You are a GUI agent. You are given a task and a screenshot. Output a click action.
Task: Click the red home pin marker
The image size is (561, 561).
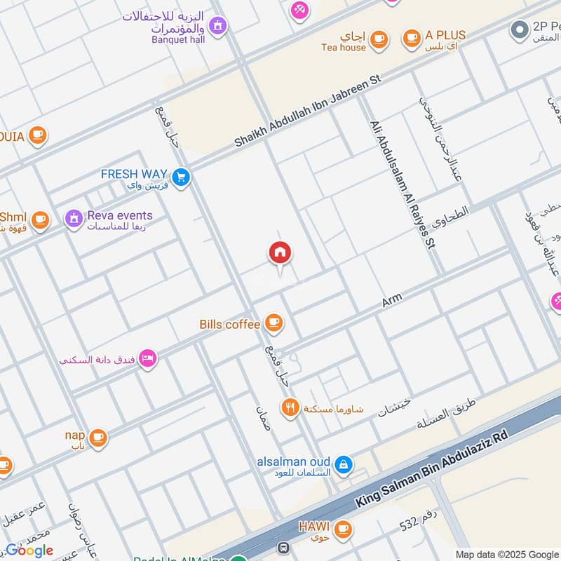(280, 253)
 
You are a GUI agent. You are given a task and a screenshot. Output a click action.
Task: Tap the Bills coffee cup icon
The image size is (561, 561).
(273, 323)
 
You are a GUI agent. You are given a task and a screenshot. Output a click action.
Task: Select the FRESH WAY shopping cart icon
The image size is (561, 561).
(181, 178)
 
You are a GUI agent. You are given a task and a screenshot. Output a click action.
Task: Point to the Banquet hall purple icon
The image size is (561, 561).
(218, 26)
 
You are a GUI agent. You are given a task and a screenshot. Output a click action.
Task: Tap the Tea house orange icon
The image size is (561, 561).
(379, 39)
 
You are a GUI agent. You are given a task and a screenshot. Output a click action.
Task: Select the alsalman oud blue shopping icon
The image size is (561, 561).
(343, 464)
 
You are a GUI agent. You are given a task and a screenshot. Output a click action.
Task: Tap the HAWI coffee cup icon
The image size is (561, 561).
(342, 528)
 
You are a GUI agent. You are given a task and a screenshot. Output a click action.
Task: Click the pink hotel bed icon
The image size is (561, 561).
(148, 359)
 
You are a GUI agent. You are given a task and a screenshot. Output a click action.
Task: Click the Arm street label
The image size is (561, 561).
(391, 302)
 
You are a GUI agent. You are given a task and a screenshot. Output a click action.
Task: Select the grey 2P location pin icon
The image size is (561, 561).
(519, 29)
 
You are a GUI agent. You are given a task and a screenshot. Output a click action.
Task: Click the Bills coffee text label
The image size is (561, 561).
(230, 324)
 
